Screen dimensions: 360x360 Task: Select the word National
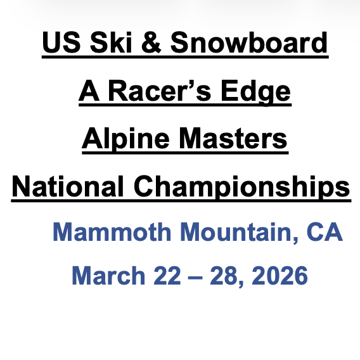[x=65, y=186]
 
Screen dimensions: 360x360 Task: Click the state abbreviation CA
[x=325, y=233]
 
